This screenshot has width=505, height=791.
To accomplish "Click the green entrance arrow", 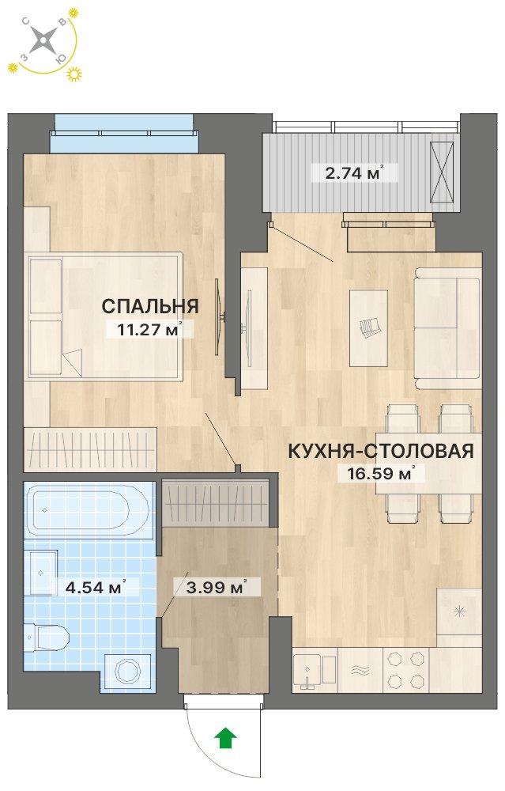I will (226, 738).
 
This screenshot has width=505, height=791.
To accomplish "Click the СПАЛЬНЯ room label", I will (149, 306).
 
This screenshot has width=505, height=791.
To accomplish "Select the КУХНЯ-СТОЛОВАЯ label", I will (380, 452).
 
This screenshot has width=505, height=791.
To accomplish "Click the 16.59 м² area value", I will (375, 475).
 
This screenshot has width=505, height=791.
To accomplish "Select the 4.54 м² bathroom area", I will (88, 587).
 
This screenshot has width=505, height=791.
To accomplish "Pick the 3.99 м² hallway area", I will (210, 587).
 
